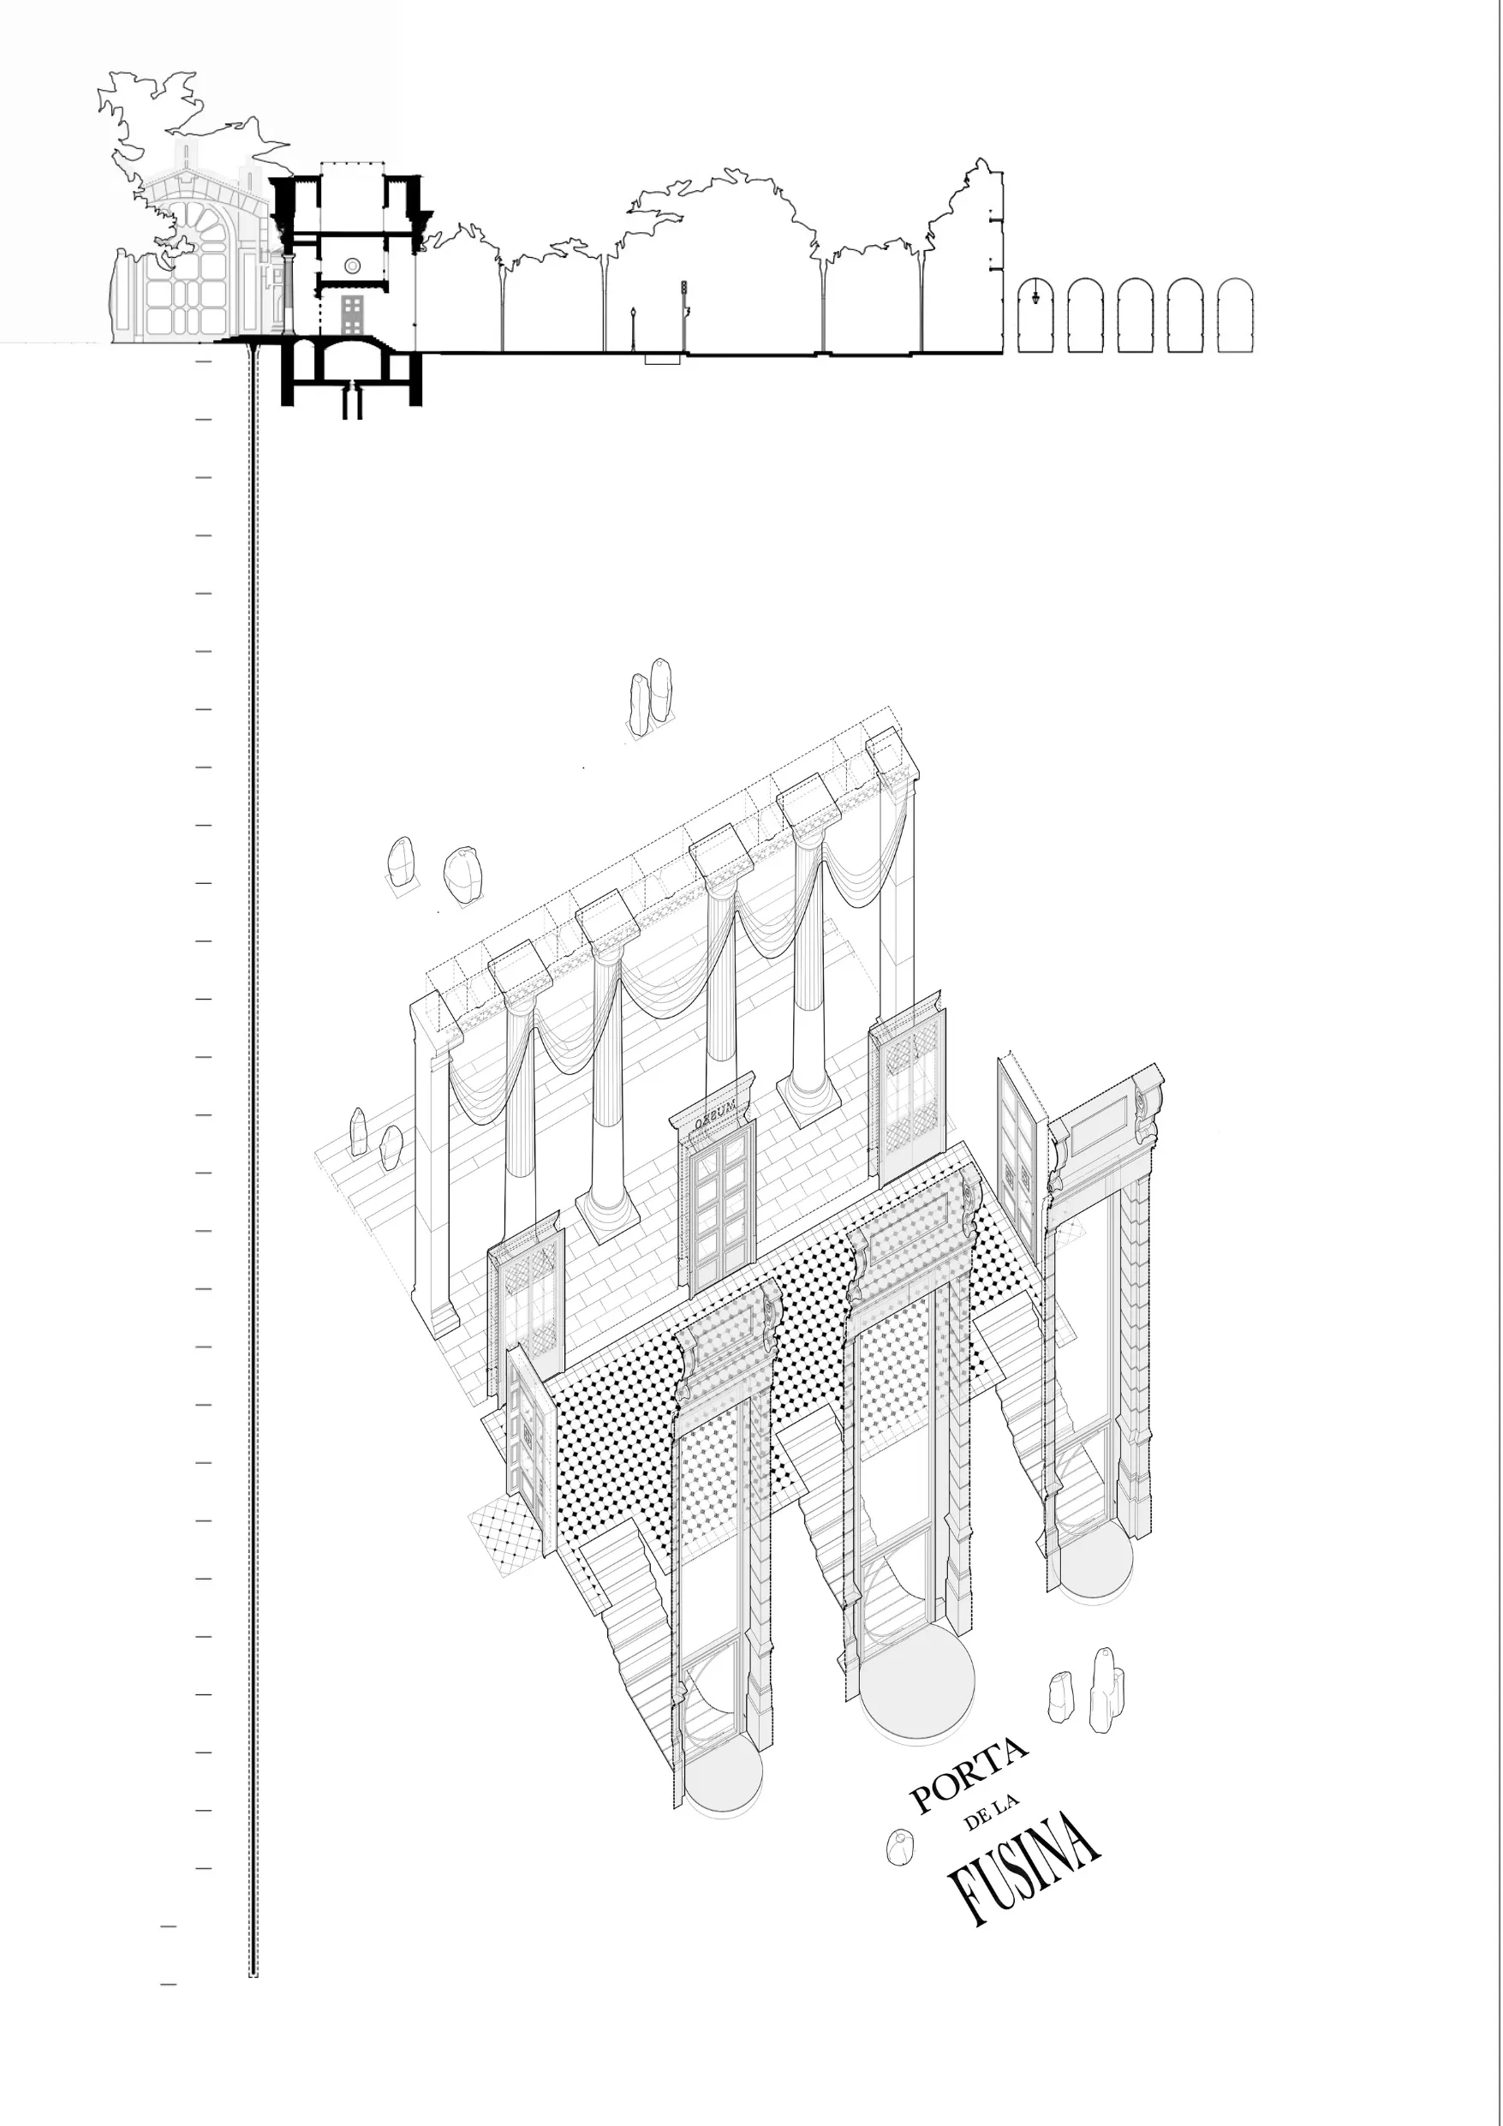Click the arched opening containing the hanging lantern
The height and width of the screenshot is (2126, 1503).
[1035, 316]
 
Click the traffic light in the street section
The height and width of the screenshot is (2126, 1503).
[684, 289]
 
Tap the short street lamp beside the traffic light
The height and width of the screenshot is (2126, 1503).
[633, 329]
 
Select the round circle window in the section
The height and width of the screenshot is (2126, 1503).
[352, 266]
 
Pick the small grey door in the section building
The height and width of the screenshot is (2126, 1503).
[352, 315]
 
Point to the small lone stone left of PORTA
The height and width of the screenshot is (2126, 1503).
[897, 1848]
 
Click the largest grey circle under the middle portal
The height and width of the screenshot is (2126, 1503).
[917, 1680]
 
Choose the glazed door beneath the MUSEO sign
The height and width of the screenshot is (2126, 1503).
[721, 1203]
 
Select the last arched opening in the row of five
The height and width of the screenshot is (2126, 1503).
[1234, 316]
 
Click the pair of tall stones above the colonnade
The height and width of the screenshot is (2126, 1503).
[650, 693]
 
